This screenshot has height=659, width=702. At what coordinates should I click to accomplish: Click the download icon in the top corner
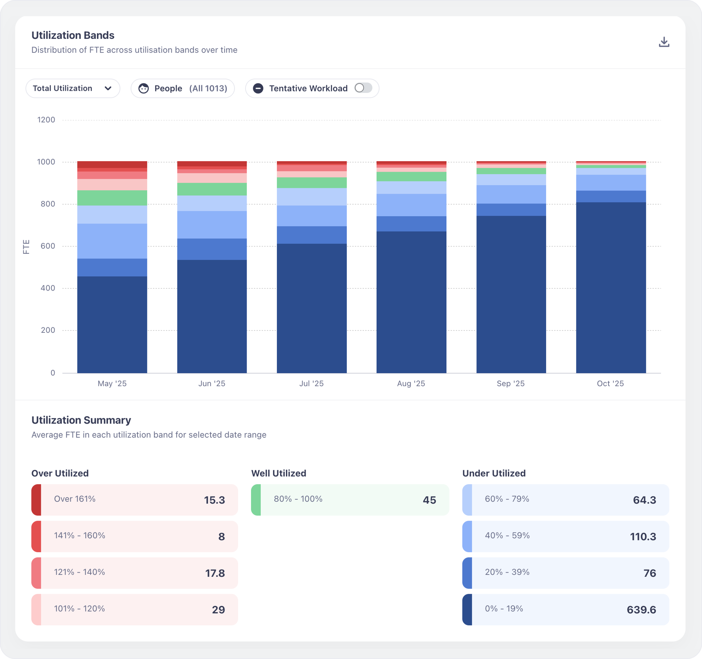[x=664, y=42]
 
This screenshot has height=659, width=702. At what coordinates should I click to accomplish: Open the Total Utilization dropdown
[x=73, y=88]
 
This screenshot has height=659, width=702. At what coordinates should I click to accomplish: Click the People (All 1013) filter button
[x=183, y=88]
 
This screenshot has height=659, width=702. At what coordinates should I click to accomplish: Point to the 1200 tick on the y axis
[x=46, y=120]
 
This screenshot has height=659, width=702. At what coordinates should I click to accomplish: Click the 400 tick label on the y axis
[x=48, y=288]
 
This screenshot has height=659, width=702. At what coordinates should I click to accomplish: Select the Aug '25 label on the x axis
[x=411, y=383]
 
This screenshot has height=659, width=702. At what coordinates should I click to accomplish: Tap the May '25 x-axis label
[x=112, y=383]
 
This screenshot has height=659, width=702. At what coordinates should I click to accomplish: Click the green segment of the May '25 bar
[x=112, y=198]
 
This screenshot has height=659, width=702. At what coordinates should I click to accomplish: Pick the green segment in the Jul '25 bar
[x=311, y=183]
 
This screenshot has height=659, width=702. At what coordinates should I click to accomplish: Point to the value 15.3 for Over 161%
[x=214, y=500]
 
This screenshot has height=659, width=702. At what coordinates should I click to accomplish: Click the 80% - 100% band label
[x=298, y=499]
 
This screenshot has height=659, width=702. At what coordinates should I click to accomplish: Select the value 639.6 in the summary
[x=641, y=610]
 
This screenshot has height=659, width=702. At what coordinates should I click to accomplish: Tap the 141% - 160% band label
[x=80, y=535]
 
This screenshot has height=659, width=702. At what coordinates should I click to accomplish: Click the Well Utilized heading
[x=279, y=473]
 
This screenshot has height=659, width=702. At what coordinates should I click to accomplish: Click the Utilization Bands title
[x=73, y=35]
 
